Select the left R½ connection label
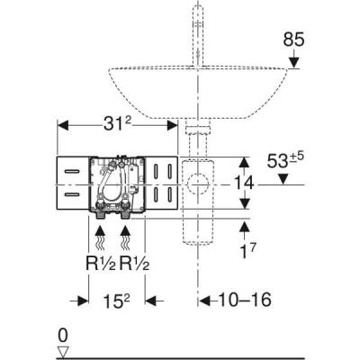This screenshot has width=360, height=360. (103, 266)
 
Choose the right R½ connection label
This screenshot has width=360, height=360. (133, 266)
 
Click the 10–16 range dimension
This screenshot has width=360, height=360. (236, 300)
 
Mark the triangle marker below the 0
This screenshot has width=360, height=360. (62, 352)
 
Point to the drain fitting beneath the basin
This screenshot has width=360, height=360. (192, 139)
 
